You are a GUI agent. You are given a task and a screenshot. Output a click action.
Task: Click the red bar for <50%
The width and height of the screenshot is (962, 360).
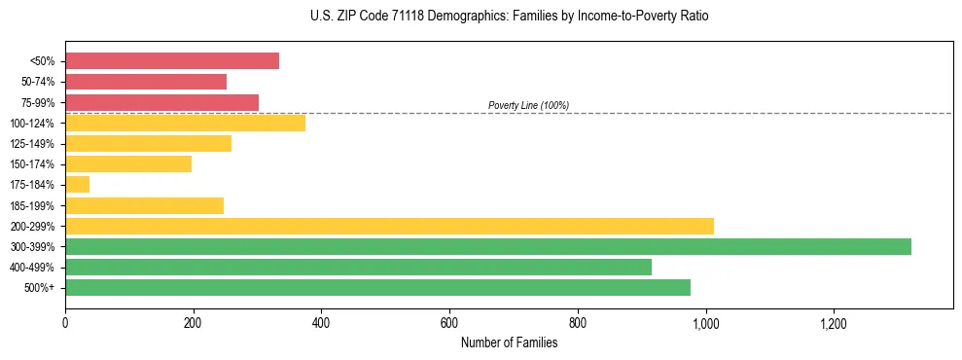172,61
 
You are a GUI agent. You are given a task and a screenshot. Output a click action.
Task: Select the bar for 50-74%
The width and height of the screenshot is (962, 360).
146,82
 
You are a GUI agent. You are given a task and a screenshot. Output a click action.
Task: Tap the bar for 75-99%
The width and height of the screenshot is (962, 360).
161,102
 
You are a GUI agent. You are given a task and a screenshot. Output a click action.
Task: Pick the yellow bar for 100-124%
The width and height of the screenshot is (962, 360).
185,123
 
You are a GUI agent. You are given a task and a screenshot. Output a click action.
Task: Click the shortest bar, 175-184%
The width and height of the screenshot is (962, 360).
78,184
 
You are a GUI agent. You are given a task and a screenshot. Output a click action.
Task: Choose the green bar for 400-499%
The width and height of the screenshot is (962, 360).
358,267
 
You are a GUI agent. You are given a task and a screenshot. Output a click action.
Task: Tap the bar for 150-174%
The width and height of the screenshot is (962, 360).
128,163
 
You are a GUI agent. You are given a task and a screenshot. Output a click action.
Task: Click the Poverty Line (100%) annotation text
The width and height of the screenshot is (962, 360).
528,105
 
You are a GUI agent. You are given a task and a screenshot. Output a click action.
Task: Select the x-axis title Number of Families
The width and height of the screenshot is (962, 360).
509,342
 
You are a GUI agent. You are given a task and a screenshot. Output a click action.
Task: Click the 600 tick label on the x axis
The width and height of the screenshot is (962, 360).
449,322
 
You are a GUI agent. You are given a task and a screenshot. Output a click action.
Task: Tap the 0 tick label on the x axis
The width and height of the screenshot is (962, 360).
65,322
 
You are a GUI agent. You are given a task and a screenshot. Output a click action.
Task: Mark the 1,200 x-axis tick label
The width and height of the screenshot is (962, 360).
834,322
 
